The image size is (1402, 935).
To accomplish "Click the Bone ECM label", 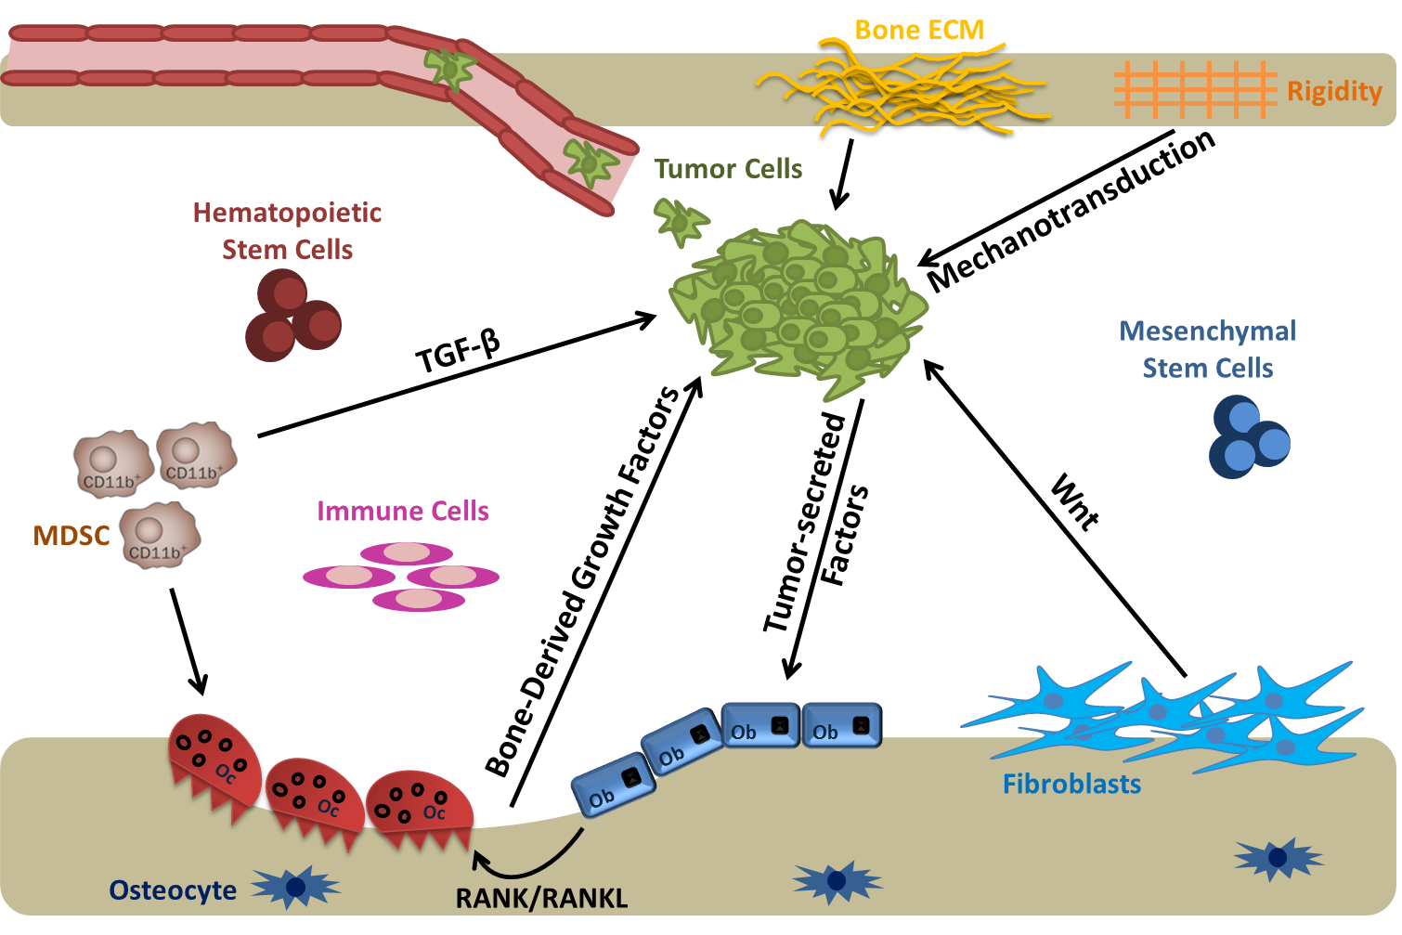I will [918, 31].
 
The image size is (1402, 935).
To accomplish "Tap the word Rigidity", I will [1334, 91].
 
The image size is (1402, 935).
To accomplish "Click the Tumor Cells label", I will [728, 169].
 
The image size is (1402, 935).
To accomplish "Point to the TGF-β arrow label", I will [458, 353].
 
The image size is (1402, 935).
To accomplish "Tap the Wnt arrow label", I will [1075, 502].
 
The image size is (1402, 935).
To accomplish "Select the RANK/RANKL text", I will [541, 899].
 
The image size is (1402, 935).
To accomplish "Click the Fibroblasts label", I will [1071, 785].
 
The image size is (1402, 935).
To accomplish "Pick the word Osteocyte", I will [173, 890].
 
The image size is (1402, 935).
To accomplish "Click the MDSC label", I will [71, 536].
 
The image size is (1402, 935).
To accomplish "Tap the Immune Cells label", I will [403, 512].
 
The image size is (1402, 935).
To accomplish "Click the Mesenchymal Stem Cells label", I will [1207, 350].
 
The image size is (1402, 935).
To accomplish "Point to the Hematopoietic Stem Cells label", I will [287, 231].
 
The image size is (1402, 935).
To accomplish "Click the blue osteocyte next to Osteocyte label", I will [296, 887].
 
